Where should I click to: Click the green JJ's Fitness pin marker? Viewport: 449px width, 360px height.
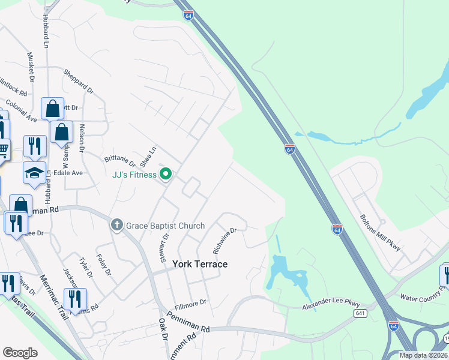tap(166, 175)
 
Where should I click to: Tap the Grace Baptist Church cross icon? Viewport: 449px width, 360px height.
tap(117, 226)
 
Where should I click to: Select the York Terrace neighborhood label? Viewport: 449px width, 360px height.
tap(200, 264)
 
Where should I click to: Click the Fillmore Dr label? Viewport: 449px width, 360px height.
tap(190, 302)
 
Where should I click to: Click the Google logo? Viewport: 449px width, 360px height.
tap(20, 353)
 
